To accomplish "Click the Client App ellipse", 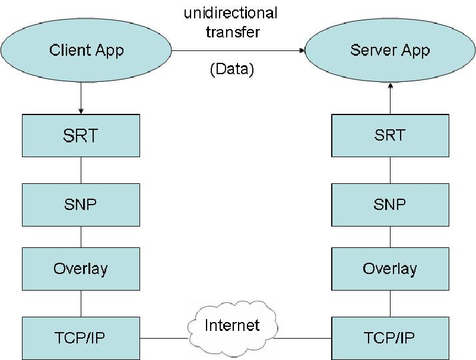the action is [86, 50].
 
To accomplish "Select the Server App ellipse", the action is [390, 50].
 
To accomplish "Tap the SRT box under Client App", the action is [81, 136].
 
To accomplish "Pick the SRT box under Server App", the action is [390, 136].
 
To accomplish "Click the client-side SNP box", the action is [81, 205].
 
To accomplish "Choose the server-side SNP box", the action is [390, 205].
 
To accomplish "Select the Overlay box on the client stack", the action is [81, 269].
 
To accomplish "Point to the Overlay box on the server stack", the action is [390, 269].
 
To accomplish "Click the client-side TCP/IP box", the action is [81, 338].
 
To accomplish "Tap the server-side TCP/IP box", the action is [390, 338].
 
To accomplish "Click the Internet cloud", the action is [233, 328].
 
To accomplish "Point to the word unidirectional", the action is [231, 14].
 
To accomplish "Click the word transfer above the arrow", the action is [233, 32].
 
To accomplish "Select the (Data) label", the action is [232, 69].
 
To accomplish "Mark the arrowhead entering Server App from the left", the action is [302, 50].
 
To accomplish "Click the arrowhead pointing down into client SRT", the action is [81, 111].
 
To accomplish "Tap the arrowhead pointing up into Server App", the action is [391, 85].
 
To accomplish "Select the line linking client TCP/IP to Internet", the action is [164, 338].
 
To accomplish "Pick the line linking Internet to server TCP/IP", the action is [303, 338].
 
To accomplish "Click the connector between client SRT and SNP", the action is [81, 170].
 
